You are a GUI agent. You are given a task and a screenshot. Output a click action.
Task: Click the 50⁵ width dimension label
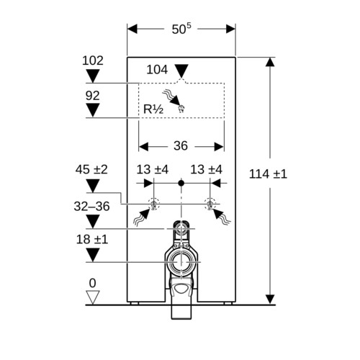point(181,29)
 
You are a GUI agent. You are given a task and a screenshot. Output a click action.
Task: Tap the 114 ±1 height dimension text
point(268,174)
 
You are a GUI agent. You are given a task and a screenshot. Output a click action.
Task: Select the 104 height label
point(157,70)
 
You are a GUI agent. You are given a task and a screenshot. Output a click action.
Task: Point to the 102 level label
point(93,60)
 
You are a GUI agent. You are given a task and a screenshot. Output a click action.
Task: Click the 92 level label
point(92,96)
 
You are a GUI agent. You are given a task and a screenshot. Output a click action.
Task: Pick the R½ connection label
point(153,109)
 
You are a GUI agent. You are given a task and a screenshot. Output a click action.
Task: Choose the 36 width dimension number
point(181,145)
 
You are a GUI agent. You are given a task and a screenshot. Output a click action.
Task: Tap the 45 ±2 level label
point(91,169)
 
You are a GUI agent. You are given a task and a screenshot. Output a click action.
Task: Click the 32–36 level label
point(91,206)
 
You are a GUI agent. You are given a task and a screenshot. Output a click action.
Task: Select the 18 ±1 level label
point(92,239)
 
